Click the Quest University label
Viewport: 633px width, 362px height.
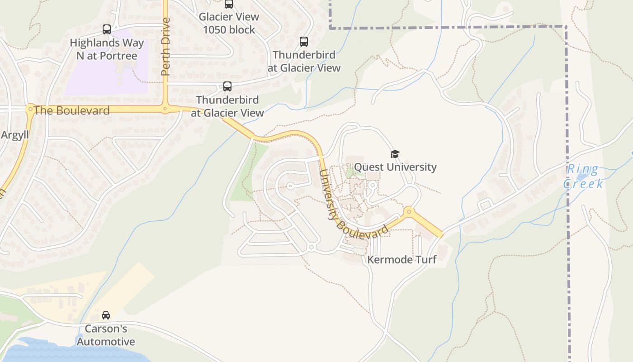(395, 167)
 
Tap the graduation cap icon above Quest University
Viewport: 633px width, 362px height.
(395, 154)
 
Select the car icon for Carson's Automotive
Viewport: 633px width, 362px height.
(106, 315)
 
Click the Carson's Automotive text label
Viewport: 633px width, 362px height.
(106, 335)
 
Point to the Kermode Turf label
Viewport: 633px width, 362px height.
(402, 260)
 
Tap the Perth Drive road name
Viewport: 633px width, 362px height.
(165, 46)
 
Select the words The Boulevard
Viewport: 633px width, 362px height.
(71, 111)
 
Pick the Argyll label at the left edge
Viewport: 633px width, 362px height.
(14, 135)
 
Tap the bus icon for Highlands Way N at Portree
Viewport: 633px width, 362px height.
(107, 29)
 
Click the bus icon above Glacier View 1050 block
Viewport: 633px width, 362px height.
(229, 4)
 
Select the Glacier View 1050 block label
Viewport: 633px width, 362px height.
(229, 24)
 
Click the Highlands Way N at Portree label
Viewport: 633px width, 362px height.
(107, 50)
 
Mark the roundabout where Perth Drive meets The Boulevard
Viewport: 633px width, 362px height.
(165, 109)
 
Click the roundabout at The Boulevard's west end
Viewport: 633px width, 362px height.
(30, 109)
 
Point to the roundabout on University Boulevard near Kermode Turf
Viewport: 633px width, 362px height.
(409, 211)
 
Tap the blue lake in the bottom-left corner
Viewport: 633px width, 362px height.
(68, 352)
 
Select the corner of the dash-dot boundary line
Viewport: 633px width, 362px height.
(566, 27)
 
